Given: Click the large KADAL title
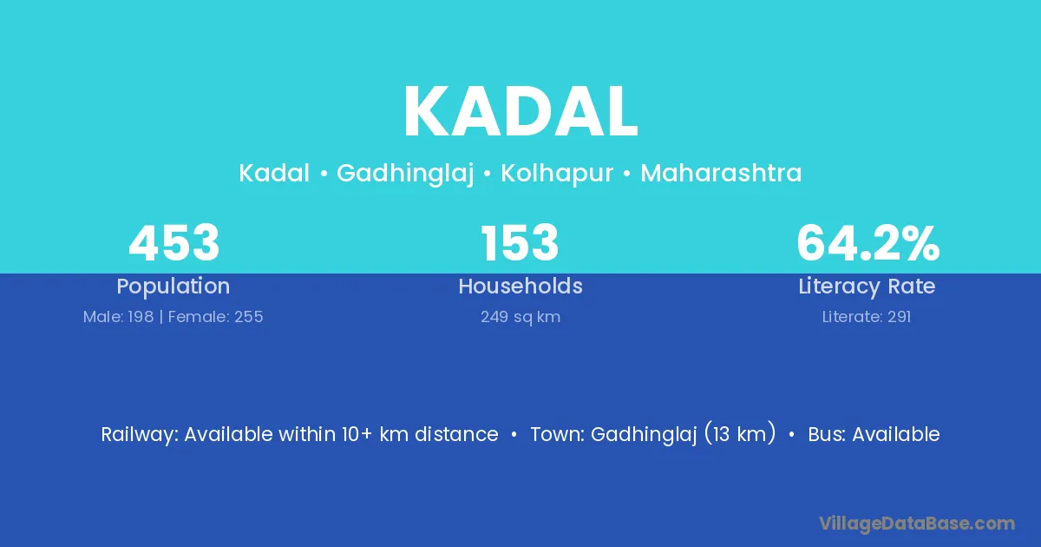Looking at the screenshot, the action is [520, 112].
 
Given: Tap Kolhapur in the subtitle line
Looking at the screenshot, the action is [557, 174].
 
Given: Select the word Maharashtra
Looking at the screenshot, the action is [721, 173].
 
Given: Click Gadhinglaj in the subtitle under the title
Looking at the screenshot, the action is [405, 174].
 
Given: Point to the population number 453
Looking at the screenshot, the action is [173, 243].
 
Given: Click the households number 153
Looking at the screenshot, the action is [520, 243].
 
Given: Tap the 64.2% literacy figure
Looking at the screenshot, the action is [867, 243].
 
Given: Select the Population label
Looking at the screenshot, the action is [173, 287].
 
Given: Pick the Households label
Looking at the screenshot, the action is [520, 286].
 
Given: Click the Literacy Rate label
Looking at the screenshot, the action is [867, 287].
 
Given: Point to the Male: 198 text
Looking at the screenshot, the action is [118, 317].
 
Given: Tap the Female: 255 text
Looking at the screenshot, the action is [215, 317].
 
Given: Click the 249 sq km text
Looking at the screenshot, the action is [520, 317].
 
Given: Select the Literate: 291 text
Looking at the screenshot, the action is [867, 317].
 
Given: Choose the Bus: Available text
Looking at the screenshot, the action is [874, 434].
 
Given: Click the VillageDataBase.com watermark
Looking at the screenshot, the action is [916, 524].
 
